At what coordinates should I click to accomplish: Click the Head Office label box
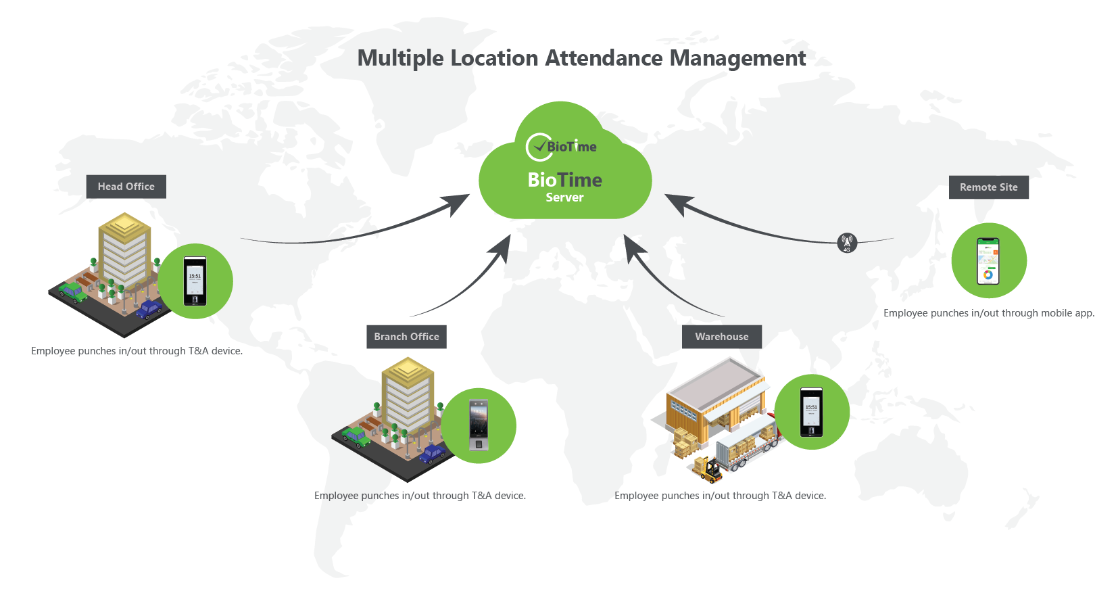click(x=126, y=187)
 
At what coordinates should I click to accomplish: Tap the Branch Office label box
click(x=406, y=337)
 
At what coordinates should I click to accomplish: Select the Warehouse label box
click(x=721, y=337)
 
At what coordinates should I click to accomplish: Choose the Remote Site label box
click(x=988, y=187)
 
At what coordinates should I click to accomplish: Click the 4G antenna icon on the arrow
click(x=847, y=243)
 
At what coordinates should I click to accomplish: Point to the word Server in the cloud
click(x=564, y=197)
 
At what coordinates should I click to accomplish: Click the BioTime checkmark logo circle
click(x=539, y=147)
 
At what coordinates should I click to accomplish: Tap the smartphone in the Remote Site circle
click(x=988, y=261)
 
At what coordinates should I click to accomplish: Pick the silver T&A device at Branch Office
click(x=479, y=425)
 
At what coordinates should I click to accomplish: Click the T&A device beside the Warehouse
click(x=811, y=412)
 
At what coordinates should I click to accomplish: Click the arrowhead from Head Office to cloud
click(x=458, y=202)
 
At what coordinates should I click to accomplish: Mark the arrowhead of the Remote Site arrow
click(x=678, y=203)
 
